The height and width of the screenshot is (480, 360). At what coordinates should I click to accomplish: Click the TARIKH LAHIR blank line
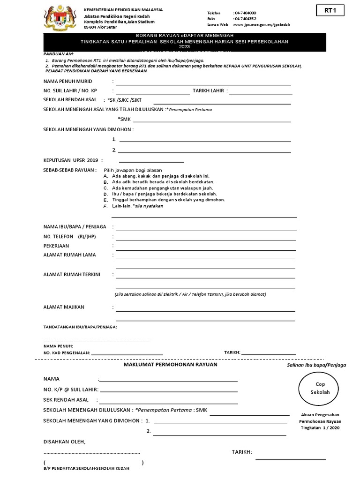260,94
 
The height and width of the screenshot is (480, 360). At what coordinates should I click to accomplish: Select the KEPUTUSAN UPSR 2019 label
73,160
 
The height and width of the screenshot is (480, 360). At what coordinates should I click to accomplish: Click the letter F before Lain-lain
105,206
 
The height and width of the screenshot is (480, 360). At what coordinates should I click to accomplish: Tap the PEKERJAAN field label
56,246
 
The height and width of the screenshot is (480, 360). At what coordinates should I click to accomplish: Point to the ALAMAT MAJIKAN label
64,307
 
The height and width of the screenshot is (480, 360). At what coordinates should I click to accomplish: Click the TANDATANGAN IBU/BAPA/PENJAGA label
80,327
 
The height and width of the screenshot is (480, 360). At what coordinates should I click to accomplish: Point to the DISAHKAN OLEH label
65,442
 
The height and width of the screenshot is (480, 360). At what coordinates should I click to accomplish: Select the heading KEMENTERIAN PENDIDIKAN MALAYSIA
123,10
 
